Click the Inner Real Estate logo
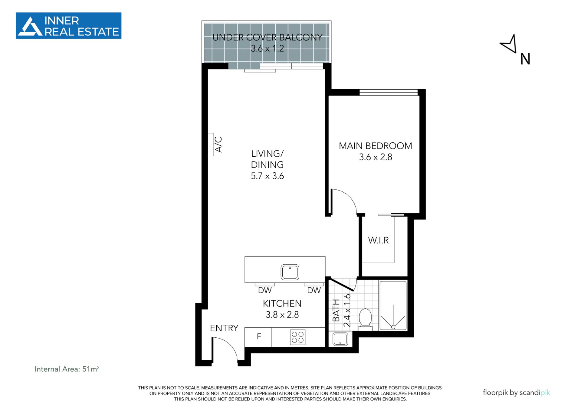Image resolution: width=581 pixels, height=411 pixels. [68, 26]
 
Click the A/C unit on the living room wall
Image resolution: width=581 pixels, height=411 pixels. [211, 144]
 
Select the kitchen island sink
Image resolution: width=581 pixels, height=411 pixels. [290, 272]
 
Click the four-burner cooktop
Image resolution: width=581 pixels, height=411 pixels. [297, 337]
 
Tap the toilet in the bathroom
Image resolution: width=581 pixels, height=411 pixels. [365, 318]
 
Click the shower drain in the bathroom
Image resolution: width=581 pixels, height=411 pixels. [393, 327]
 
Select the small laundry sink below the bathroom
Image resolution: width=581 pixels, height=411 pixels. [340, 339]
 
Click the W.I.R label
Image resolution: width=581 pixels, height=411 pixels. [378, 240]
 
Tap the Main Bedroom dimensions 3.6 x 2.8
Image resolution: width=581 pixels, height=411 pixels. [376, 157]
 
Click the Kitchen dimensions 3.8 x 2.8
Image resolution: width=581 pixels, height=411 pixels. [282, 315]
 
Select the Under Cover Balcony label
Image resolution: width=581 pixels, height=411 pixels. [267, 37]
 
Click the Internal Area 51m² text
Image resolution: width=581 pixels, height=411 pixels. [67, 369]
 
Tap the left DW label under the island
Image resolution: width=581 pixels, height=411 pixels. [265, 290]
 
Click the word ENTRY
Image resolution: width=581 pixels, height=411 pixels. [224, 328]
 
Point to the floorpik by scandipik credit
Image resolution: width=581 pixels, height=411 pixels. [516, 393]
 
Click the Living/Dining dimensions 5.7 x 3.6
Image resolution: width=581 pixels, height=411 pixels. [267, 176]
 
